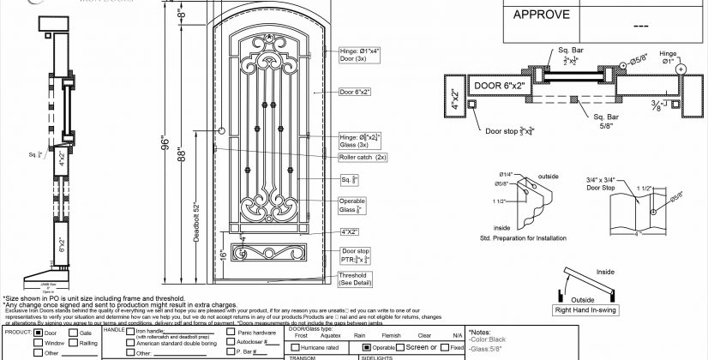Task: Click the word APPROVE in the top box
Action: pyautogui.click(x=540, y=15)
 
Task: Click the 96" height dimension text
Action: pyautogui.click(x=165, y=147)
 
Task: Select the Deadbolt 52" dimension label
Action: pyautogui.click(x=197, y=225)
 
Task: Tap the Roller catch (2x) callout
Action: pyautogui.click(x=363, y=158)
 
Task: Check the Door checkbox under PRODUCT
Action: pyautogui.click(x=39, y=332)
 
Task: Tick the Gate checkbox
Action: pyautogui.click(x=74, y=332)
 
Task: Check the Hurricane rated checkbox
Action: pyautogui.click(x=293, y=347)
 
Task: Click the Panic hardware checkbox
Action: pyautogui.click(x=231, y=332)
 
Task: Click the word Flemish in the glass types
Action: pyautogui.click(x=390, y=335)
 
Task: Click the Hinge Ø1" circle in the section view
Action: pyautogui.click(x=681, y=69)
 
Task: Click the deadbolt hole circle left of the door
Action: pyautogui.click(x=222, y=131)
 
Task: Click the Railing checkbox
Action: pyautogui.click(x=74, y=342)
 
